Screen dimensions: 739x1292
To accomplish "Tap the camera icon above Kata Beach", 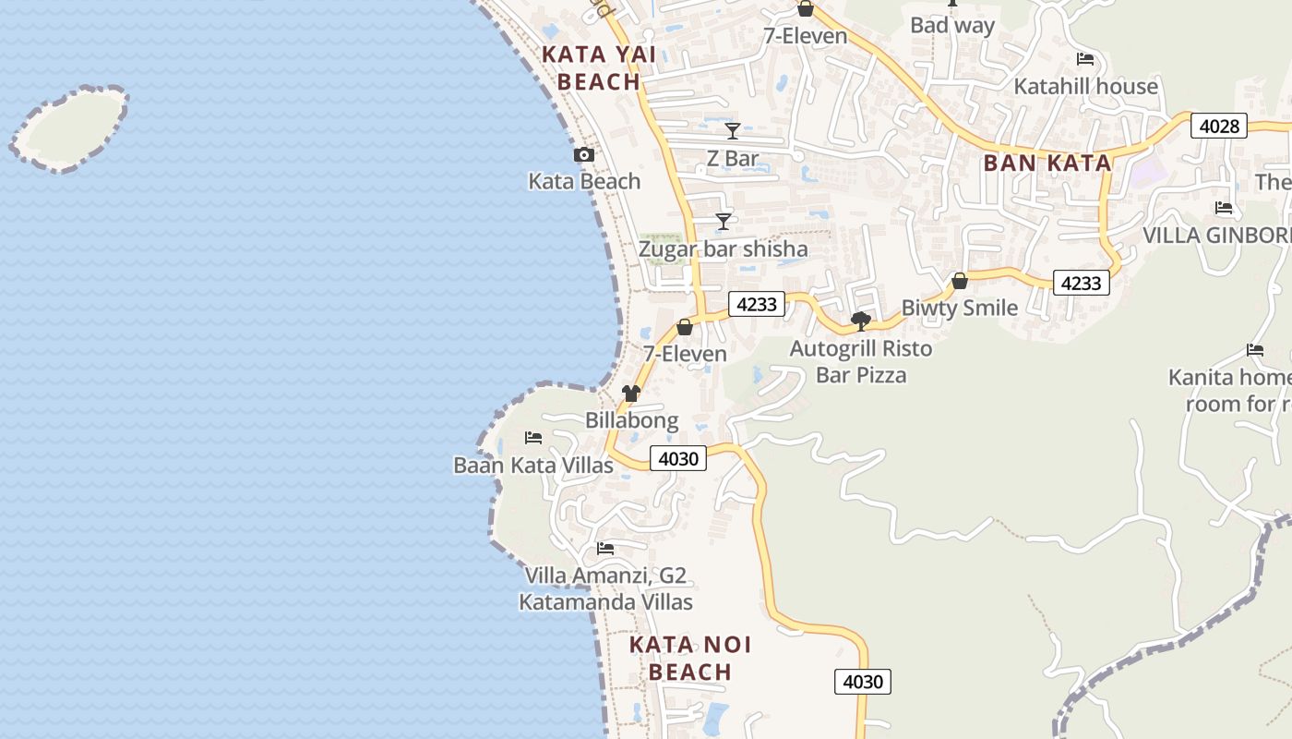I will click(x=583, y=154).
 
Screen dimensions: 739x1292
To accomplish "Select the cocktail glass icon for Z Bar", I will click(x=733, y=131).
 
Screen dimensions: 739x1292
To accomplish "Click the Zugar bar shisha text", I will click(x=723, y=249).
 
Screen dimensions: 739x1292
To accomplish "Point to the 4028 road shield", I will click(x=1218, y=126).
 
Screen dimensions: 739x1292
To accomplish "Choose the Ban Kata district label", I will click(x=1047, y=164).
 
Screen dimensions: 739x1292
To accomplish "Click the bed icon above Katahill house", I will click(x=1085, y=59).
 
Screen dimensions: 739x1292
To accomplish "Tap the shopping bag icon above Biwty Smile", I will click(x=960, y=280).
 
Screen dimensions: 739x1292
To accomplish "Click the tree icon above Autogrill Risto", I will click(x=861, y=321).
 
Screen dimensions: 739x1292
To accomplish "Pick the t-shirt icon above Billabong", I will click(x=631, y=394).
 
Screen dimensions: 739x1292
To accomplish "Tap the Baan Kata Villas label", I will click(x=533, y=465).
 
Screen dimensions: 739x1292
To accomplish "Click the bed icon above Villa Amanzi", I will click(x=605, y=548).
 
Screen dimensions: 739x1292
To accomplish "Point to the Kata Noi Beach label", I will click(x=690, y=658).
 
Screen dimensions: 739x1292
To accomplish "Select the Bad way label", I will click(x=952, y=25).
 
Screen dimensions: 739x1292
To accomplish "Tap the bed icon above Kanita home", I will click(x=1255, y=350).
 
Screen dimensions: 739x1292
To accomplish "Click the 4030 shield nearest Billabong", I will click(x=678, y=458).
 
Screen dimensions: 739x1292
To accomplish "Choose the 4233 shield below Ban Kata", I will click(x=1081, y=283).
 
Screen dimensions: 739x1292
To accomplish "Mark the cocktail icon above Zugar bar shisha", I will click(x=724, y=222).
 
